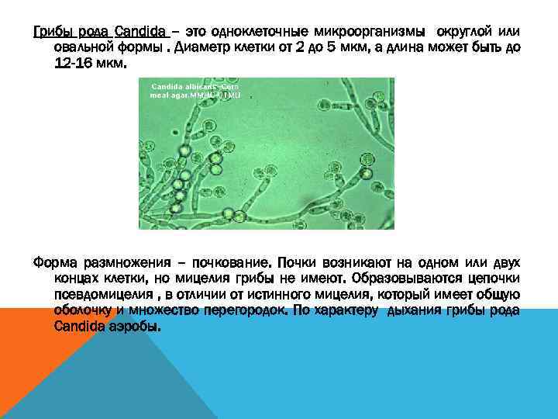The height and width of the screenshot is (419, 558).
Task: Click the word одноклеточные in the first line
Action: [x=263, y=32]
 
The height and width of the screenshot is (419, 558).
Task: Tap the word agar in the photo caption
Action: [x=185, y=94]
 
